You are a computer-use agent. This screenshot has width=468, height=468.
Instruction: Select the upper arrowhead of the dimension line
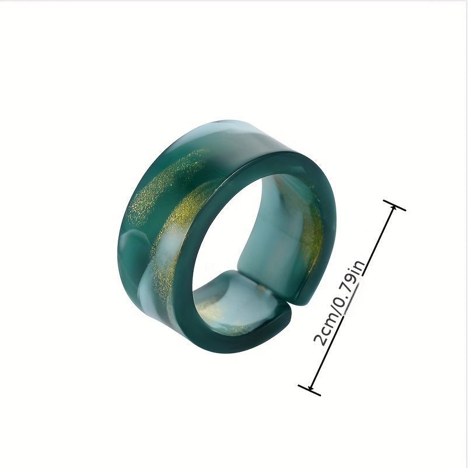393,208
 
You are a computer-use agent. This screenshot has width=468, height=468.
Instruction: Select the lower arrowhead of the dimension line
311,387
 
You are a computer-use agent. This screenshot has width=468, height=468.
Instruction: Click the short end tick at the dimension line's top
394,205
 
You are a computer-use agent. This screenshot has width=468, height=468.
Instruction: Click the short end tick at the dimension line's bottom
309,390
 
